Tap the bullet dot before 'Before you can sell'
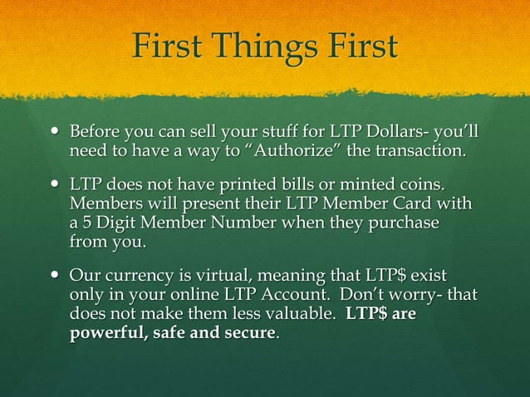pos(55,133)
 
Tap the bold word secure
pos(248,334)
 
